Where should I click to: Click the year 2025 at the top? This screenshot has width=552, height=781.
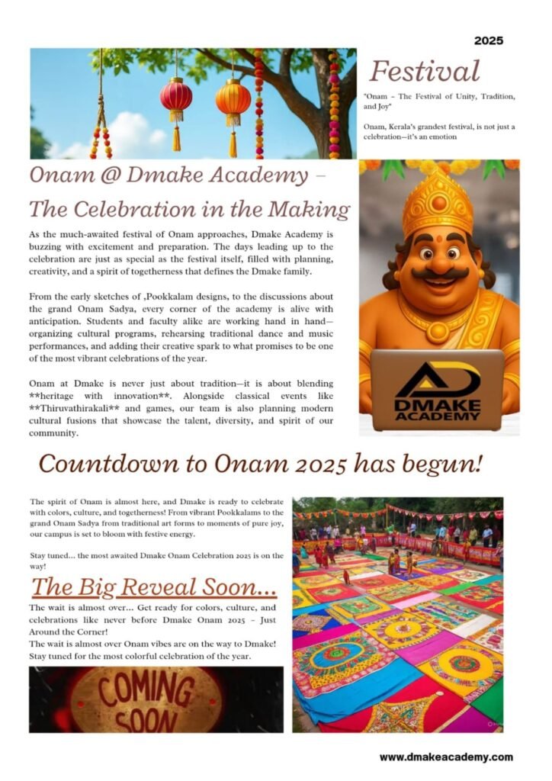488,40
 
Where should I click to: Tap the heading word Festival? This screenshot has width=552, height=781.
424,72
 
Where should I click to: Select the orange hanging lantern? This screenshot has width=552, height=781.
233,99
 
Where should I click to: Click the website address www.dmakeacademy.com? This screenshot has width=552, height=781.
446,757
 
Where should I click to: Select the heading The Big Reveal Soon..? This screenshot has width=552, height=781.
154,587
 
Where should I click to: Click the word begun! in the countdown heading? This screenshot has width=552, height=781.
453,464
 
